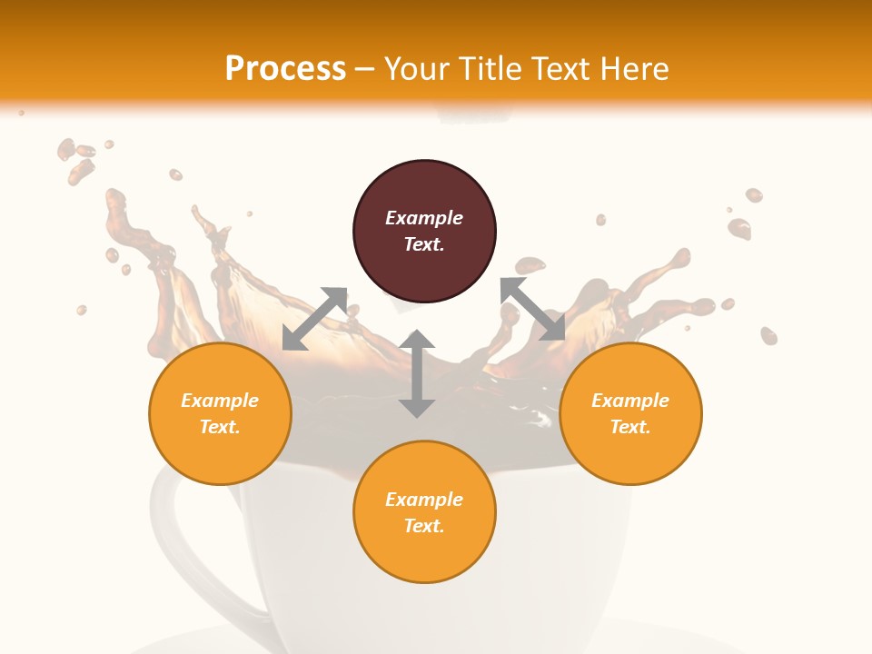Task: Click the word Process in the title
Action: coord(285,69)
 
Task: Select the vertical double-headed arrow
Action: coord(417,373)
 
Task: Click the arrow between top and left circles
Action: coord(315,318)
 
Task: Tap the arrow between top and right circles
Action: coord(532,309)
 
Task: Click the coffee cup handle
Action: coord(182,545)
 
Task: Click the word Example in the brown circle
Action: coord(424,218)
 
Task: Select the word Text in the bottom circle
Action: coord(424,526)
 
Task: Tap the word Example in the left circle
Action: coord(220,401)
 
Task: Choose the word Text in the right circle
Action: coord(630,427)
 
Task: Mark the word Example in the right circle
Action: coord(630,401)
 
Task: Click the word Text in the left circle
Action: coord(220,427)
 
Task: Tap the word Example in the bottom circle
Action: coord(424,500)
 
